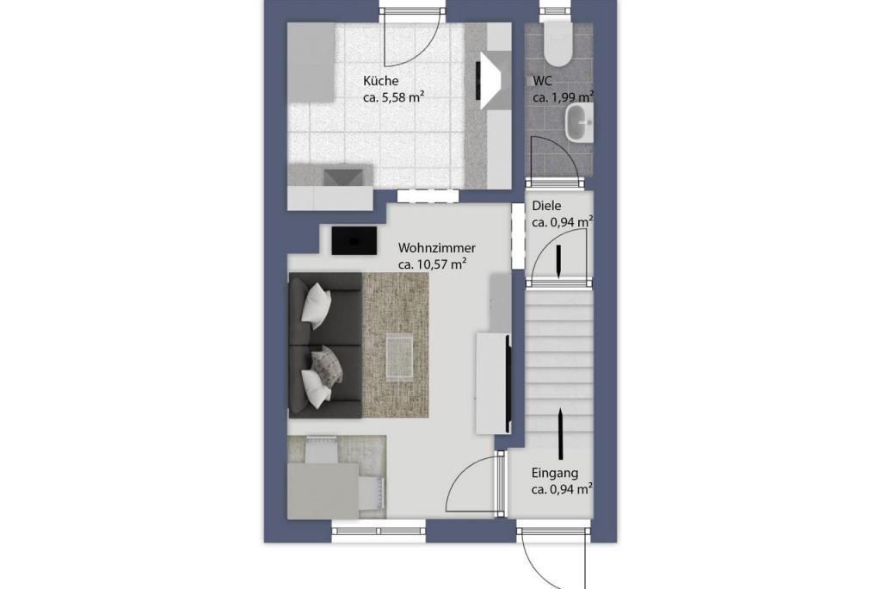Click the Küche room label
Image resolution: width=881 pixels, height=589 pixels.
click(x=380, y=81)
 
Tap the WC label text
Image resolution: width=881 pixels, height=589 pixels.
click(x=543, y=81)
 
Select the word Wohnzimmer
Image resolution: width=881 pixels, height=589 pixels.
click(x=436, y=247)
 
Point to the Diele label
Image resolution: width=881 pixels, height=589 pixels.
click(x=546, y=206)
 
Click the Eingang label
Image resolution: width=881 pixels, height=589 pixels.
click(x=555, y=473)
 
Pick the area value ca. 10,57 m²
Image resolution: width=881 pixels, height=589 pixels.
click(x=433, y=263)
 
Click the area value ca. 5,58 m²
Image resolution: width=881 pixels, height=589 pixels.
click(x=393, y=97)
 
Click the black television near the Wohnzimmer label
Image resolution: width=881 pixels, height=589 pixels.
click(x=354, y=240)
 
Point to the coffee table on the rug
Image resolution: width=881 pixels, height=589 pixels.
click(x=399, y=356)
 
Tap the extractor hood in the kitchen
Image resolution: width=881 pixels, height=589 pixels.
click(x=490, y=79)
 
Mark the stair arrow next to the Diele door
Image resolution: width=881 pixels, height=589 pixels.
click(x=559, y=261)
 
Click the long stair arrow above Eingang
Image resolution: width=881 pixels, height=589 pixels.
click(x=561, y=434)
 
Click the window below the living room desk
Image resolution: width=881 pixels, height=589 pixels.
click(x=379, y=531)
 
